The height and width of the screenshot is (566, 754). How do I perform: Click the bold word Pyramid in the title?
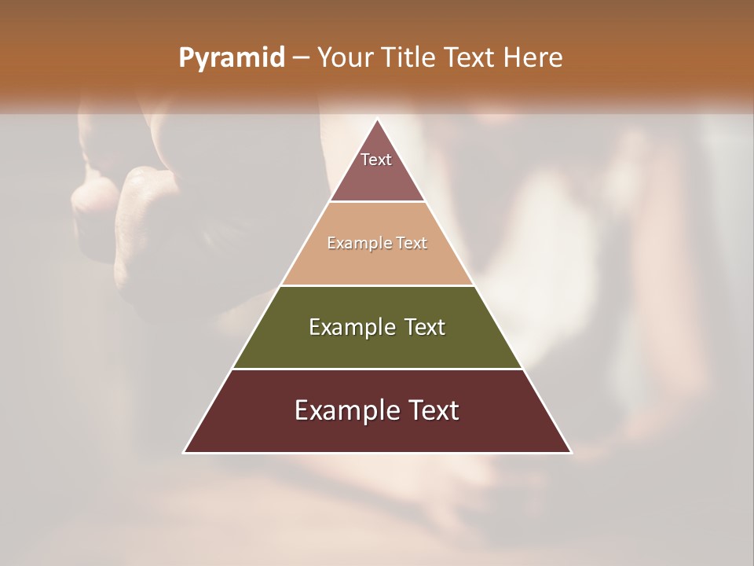click(x=232, y=58)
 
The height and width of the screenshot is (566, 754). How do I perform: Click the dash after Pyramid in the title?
click(x=300, y=58)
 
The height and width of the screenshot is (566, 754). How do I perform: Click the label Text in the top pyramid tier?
click(x=376, y=160)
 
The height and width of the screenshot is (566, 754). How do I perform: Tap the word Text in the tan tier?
click(x=412, y=244)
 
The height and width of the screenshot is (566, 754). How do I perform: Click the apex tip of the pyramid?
click(x=377, y=120)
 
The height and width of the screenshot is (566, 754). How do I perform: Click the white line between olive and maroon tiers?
click(x=377, y=369)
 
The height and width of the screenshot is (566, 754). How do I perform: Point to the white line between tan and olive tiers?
click(x=377, y=285)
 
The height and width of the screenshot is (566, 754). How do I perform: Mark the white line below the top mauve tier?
click(x=377, y=202)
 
